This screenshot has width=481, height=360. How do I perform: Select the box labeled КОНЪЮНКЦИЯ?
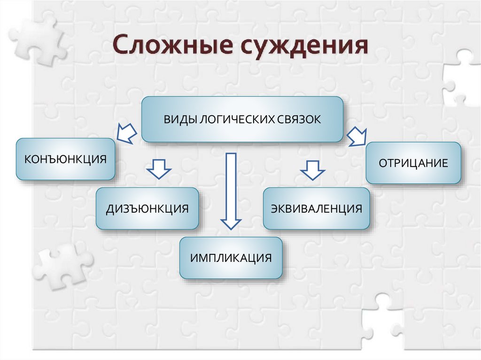tap(66, 159)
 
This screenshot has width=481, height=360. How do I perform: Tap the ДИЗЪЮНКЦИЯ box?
tap(147, 208)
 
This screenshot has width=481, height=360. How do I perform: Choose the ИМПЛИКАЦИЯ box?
tap(231, 258)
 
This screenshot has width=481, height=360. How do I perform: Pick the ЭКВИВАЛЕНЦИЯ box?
tap(316, 208)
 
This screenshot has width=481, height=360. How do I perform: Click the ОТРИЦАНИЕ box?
tap(413, 163)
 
